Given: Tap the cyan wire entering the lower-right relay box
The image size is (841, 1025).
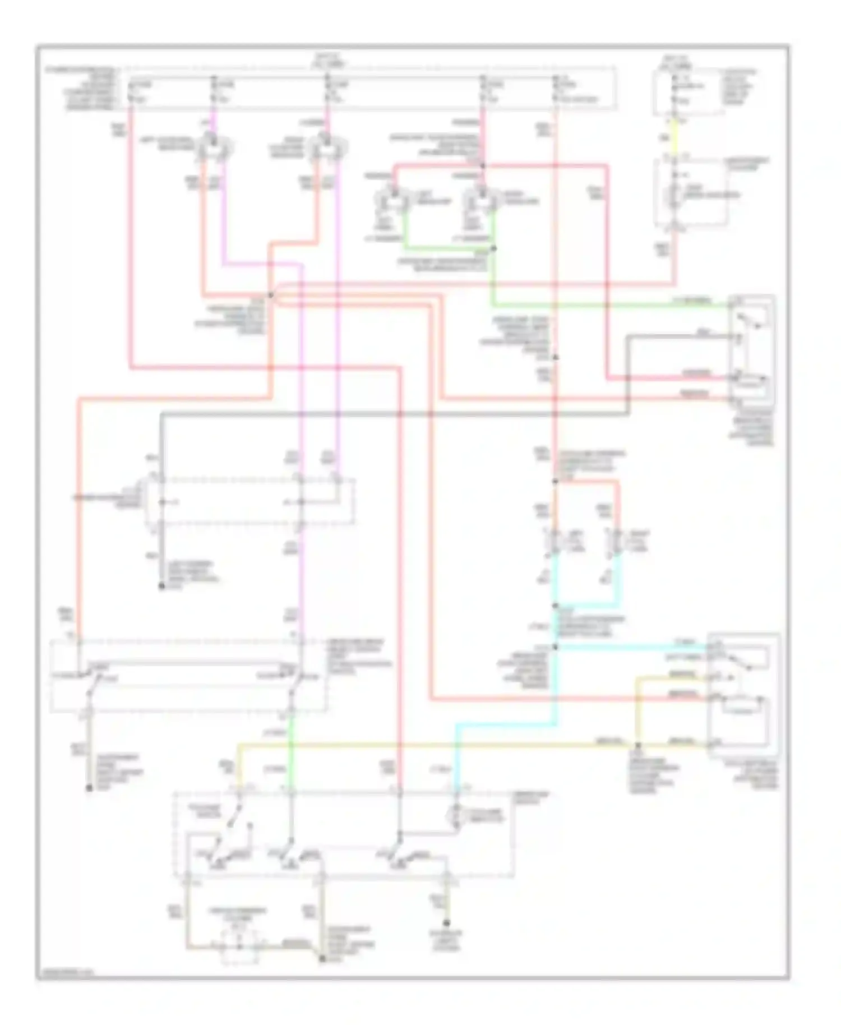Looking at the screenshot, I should pyautogui.click(x=634, y=647).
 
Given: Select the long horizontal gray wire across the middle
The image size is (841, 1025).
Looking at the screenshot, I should pyautogui.click(x=392, y=415).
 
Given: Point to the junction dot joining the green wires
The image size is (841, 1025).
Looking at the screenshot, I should pyautogui.click(x=494, y=248).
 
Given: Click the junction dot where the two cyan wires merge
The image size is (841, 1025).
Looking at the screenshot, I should pyautogui.click(x=555, y=606).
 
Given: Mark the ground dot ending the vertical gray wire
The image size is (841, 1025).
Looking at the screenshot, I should pyautogui.click(x=161, y=587).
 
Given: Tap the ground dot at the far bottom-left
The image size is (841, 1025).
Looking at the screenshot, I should pyautogui.click(x=89, y=788).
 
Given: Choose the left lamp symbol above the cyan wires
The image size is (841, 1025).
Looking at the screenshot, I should pyautogui.click(x=554, y=541).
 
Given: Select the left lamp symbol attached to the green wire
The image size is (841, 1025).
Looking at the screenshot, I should pyautogui.click(x=392, y=200).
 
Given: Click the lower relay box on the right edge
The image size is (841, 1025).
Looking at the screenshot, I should pyautogui.click(x=743, y=695).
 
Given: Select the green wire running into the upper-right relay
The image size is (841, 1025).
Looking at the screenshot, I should pyautogui.click(x=611, y=306).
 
